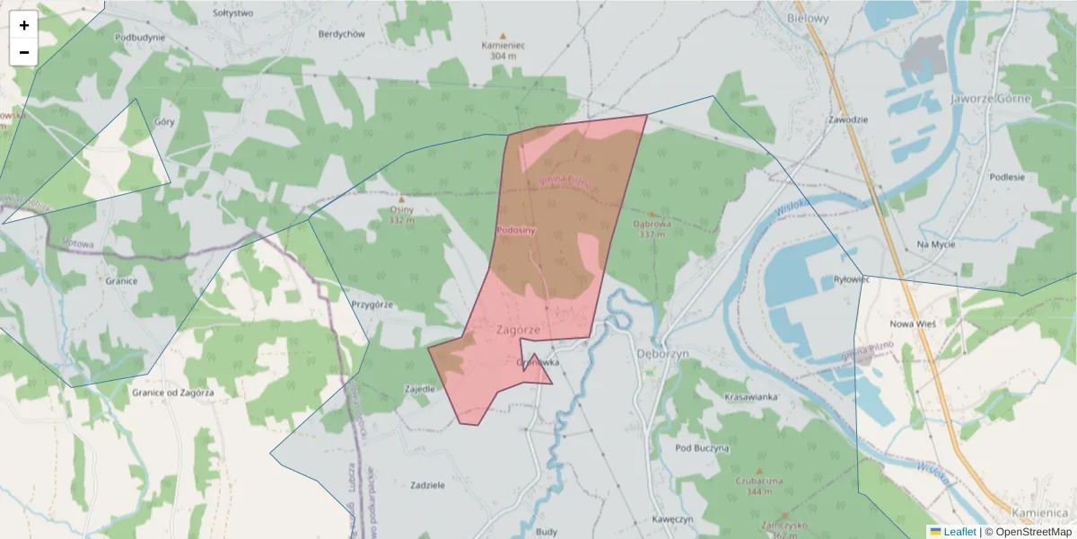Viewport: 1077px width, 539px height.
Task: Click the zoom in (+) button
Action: (24, 25)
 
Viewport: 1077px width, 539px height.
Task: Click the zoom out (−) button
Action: (24, 52)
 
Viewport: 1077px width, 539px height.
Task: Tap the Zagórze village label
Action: (518, 330)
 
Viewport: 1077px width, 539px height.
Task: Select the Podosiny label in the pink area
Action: (515, 231)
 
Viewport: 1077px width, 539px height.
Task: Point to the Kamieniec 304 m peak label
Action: (503, 49)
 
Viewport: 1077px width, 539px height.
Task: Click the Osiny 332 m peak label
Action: (401, 214)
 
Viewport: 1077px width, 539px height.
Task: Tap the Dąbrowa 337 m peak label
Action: (652, 228)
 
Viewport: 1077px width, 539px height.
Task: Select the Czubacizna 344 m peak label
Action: (758, 485)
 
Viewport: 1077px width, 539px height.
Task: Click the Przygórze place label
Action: (372, 305)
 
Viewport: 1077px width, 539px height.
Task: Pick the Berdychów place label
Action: (341, 34)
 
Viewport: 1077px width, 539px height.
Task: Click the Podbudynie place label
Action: (140, 38)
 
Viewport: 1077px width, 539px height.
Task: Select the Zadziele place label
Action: (427, 485)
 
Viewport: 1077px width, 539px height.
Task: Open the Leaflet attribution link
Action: (959, 532)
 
